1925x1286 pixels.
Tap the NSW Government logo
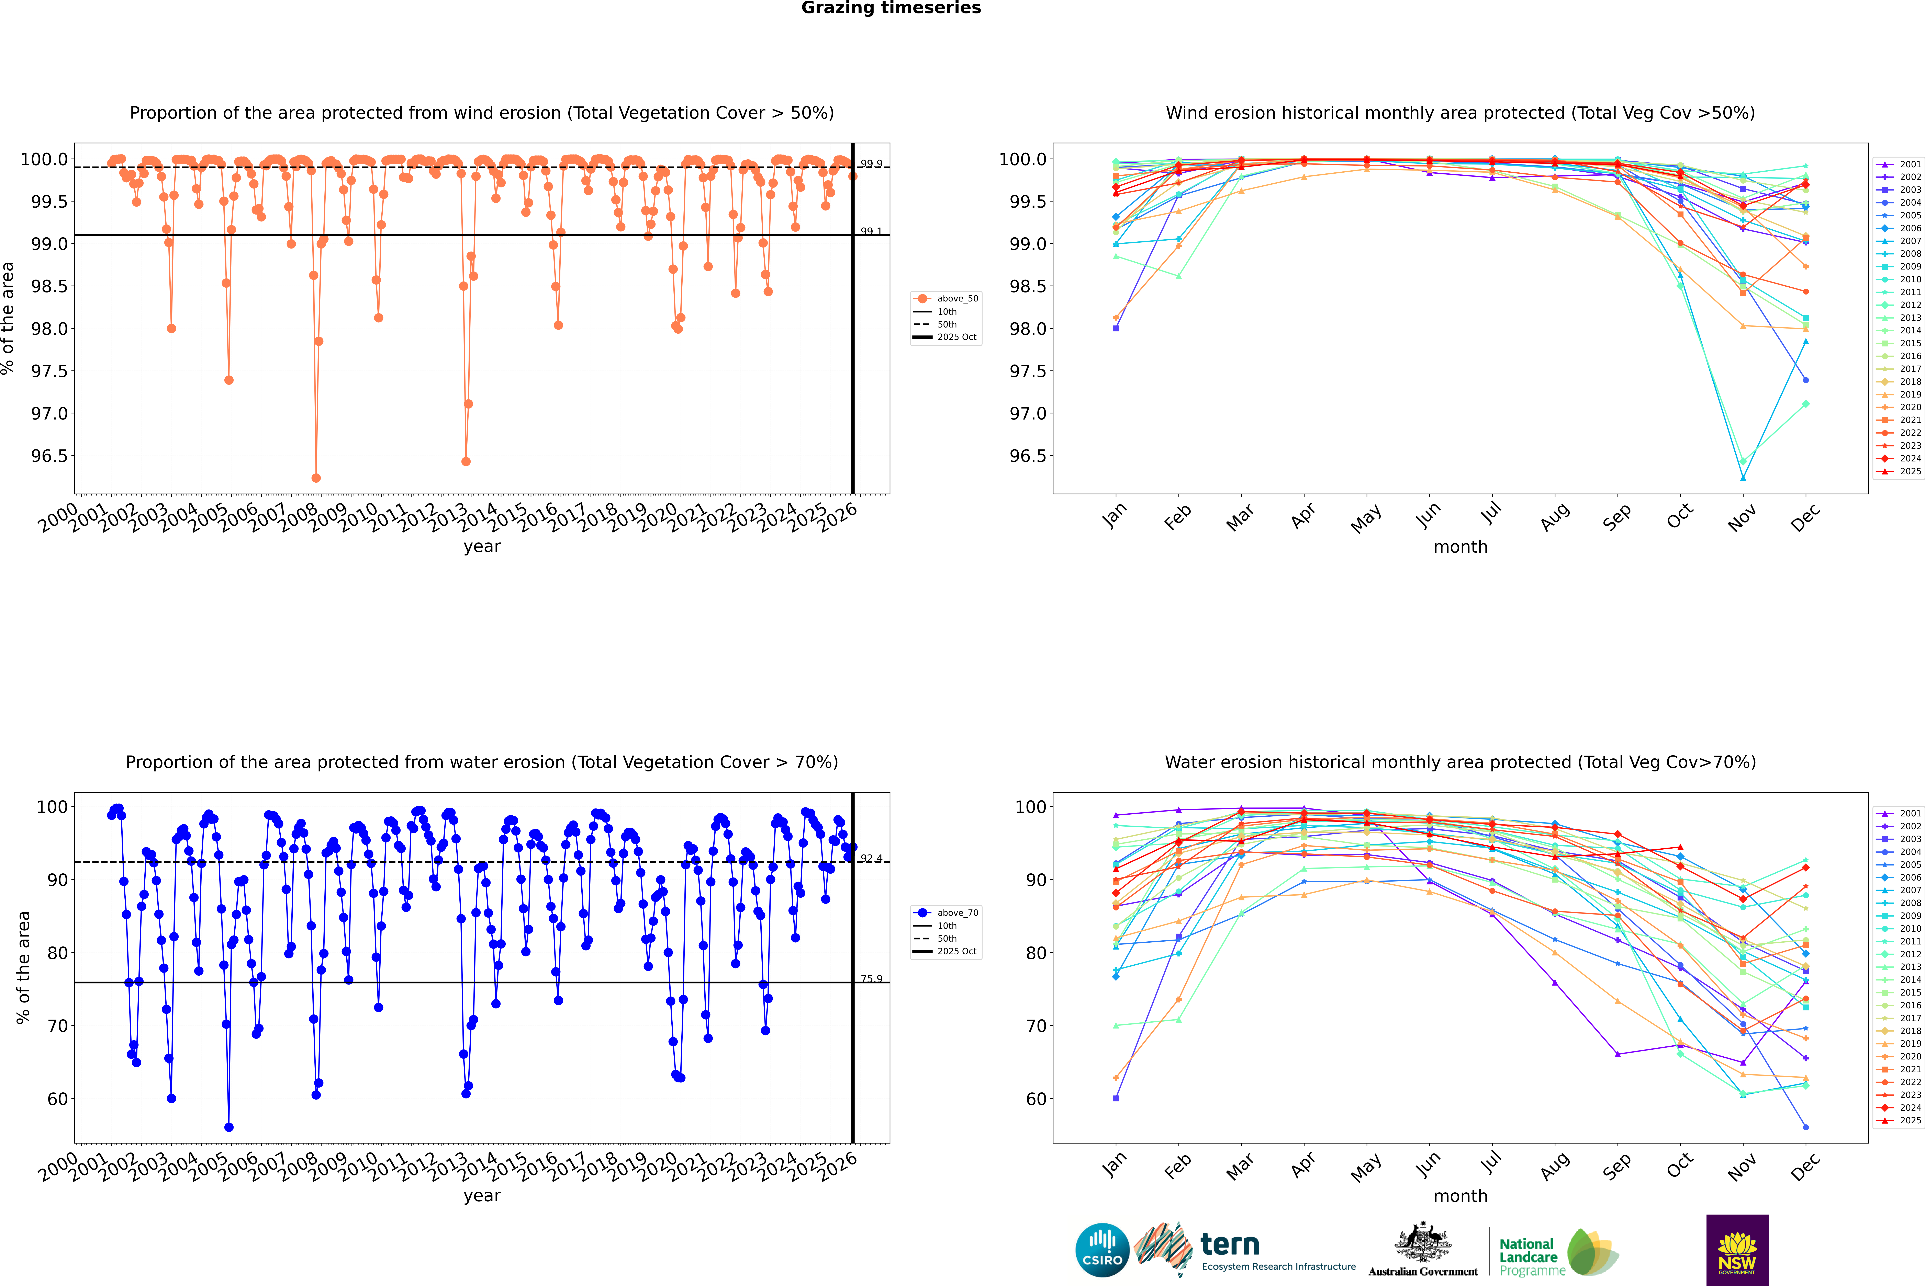pyautogui.click(x=1737, y=1250)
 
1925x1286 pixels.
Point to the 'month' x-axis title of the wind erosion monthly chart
pyautogui.click(x=1460, y=547)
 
